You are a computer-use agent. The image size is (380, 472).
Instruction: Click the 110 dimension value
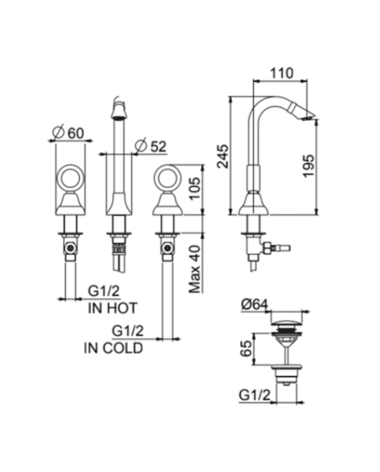point(281,73)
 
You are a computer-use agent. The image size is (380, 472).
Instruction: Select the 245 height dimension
point(223,156)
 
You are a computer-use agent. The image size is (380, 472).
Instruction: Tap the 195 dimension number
point(308,166)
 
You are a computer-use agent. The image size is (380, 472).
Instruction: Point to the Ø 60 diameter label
point(68,133)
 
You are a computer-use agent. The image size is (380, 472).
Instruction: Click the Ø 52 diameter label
point(150,146)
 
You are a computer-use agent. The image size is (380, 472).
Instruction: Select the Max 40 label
point(195,269)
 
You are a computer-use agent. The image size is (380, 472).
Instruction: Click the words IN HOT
point(112,309)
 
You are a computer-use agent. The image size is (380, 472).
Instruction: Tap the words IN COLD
point(113,348)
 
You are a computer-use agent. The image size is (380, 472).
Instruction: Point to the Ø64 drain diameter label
point(254,304)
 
